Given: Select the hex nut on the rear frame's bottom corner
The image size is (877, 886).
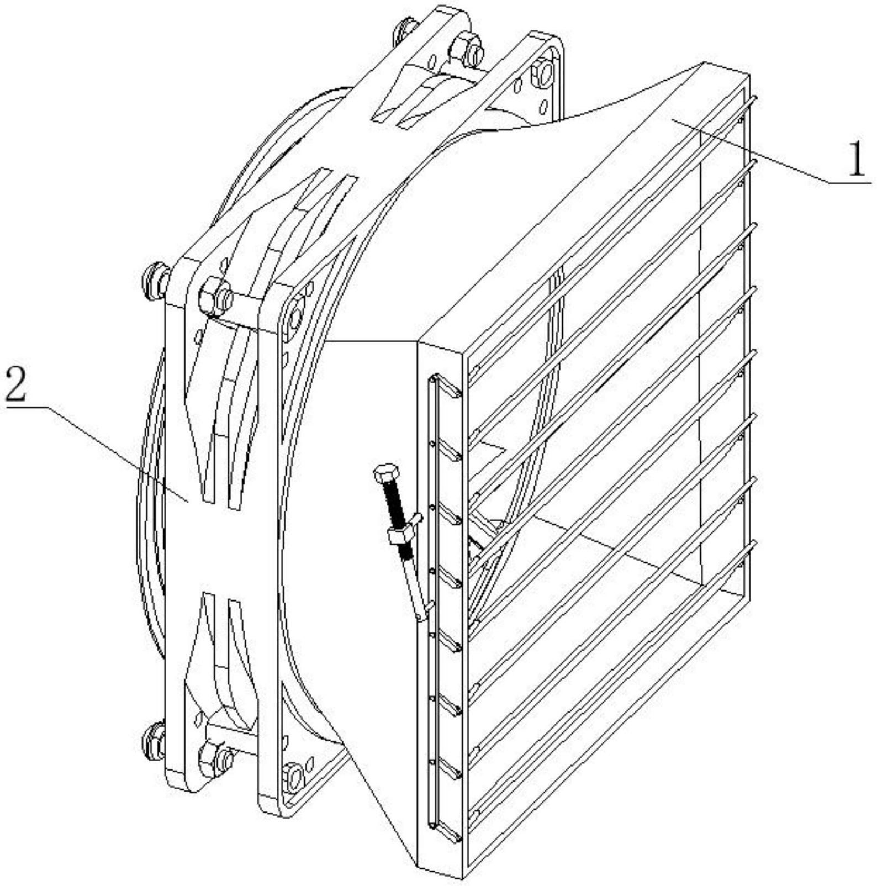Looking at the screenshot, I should click(216, 756).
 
